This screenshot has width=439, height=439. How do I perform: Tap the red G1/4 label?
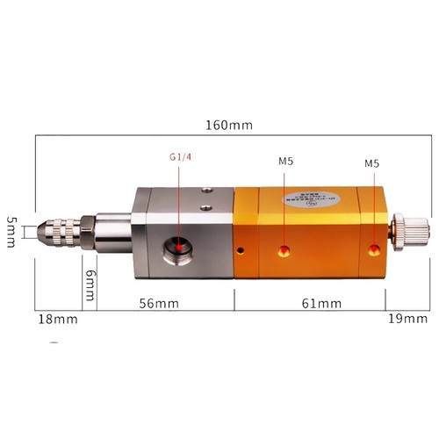(x=182, y=158)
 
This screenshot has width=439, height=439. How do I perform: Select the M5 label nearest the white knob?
(x=373, y=163)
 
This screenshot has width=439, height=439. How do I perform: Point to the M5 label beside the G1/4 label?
(x=286, y=162)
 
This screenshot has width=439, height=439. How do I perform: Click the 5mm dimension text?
(x=11, y=233)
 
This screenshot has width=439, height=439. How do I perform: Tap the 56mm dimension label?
(x=160, y=303)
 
